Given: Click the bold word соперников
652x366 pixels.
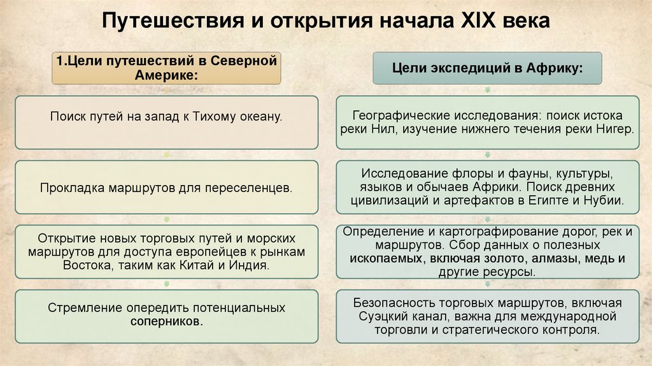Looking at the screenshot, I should coord(166,322).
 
